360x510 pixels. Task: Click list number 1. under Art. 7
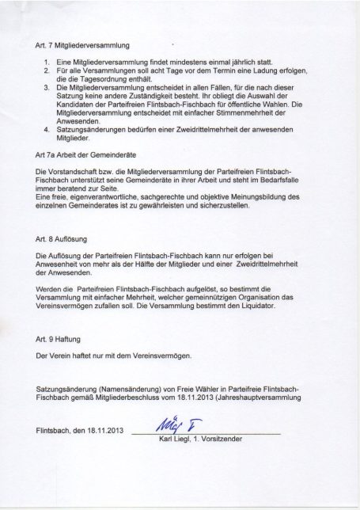click(x=44, y=61)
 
